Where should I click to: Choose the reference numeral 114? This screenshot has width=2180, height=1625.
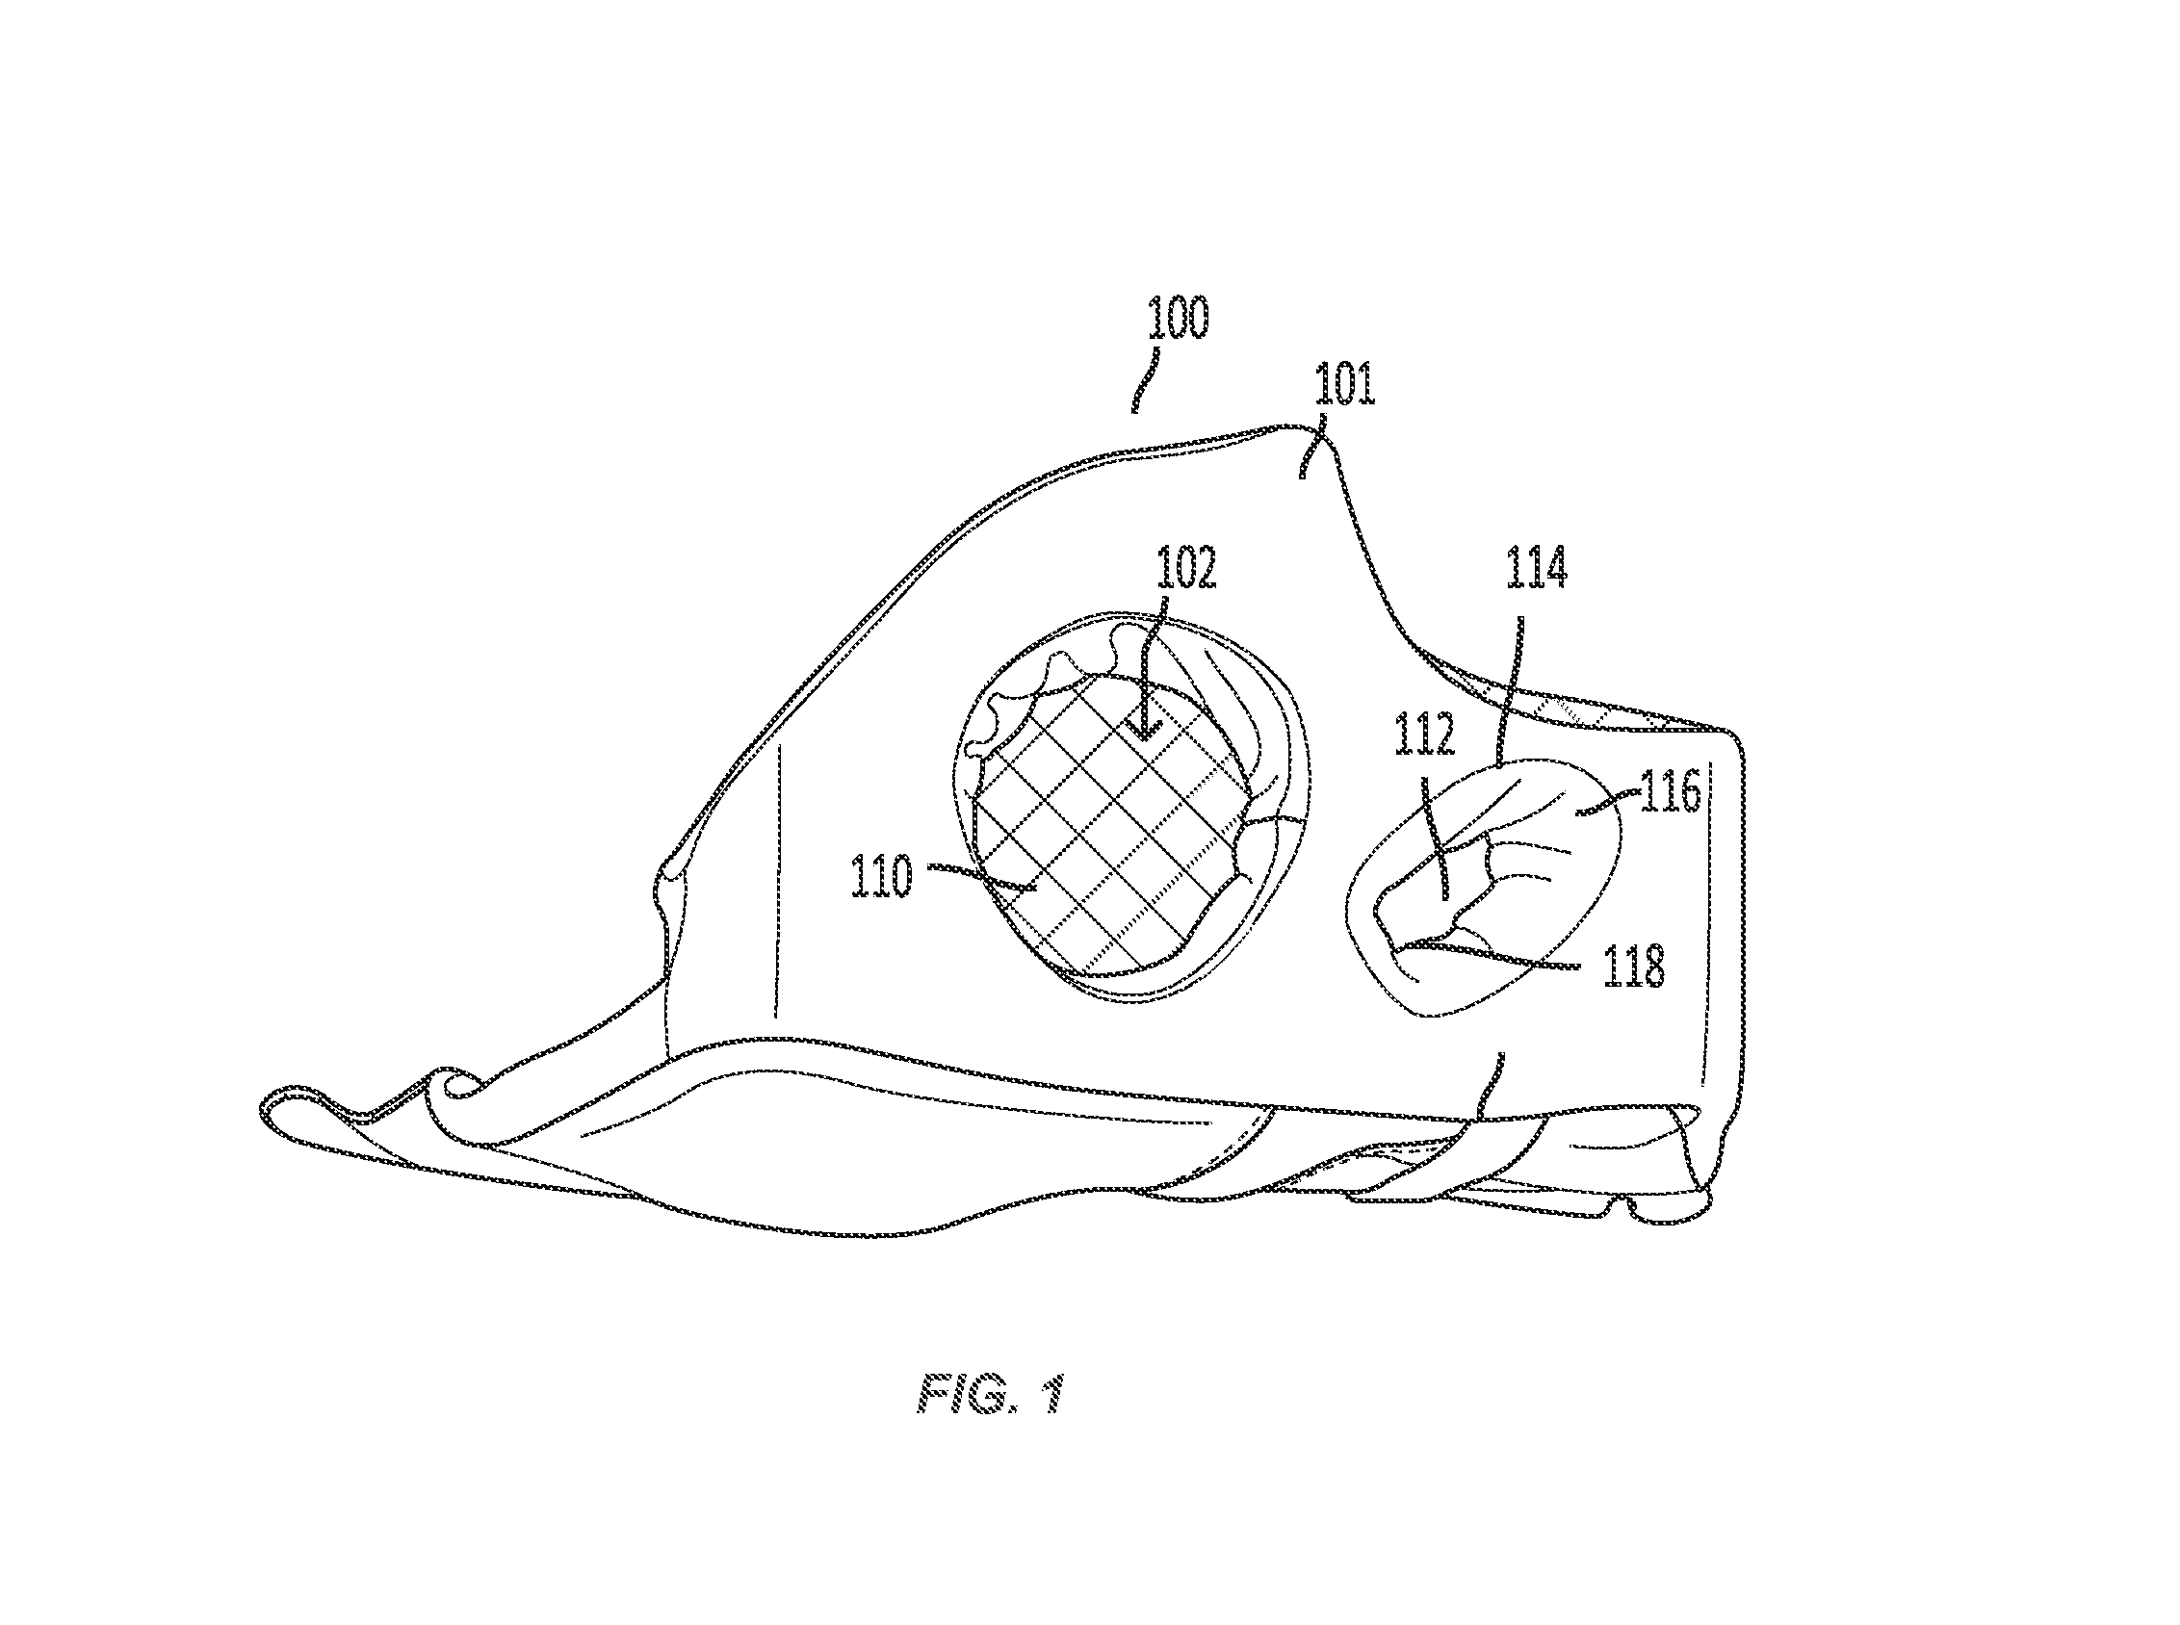pos(1537,568)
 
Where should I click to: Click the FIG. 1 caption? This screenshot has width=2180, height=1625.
pos(991,1394)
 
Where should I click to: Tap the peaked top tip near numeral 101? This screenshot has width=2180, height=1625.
pos(1297,429)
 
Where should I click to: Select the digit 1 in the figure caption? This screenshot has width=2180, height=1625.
pos(1052,1394)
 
